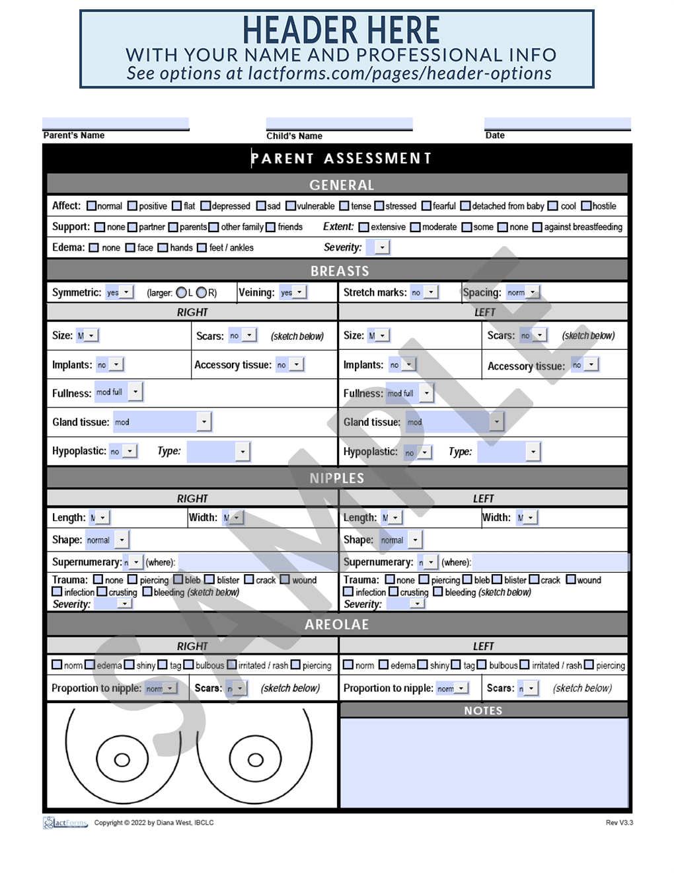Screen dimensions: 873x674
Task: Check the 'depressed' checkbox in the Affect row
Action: pyautogui.click(x=206, y=206)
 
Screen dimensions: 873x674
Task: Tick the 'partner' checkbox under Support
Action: pyautogui.click(x=133, y=228)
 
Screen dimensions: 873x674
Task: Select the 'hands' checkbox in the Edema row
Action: pyautogui.click(x=163, y=248)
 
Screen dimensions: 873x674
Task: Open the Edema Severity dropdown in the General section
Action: pyautogui.click(x=382, y=247)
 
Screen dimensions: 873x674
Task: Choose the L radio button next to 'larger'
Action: pyautogui.click(x=181, y=292)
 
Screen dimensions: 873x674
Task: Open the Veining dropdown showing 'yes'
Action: pyautogui.click(x=299, y=292)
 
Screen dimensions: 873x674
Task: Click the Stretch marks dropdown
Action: pyautogui.click(x=431, y=292)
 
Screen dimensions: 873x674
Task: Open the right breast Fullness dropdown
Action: pyautogui.click(x=135, y=392)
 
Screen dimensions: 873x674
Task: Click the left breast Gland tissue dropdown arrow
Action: pyautogui.click(x=496, y=422)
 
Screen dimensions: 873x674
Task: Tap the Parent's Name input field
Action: pyautogui.click(x=116, y=124)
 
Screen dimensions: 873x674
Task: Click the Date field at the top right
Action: pyautogui.click(x=557, y=124)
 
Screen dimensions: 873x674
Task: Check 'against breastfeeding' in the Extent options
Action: pyautogui.click(x=537, y=228)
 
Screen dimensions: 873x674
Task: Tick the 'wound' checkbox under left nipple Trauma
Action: pyautogui.click(x=571, y=580)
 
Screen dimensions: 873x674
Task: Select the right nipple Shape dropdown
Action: pyautogui.click(x=122, y=540)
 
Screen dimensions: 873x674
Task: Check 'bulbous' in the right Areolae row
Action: pyautogui.click(x=189, y=665)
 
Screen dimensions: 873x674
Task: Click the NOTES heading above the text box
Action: pyautogui.click(x=483, y=710)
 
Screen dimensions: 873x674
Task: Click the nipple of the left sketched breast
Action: pyautogui.click(x=122, y=760)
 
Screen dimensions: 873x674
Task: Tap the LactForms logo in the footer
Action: pyautogui.click(x=65, y=823)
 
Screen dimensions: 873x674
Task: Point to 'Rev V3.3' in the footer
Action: pyautogui.click(x=619, y=823)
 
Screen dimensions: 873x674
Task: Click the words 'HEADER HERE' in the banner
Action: pyautogui.click(x=340, y=30)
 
